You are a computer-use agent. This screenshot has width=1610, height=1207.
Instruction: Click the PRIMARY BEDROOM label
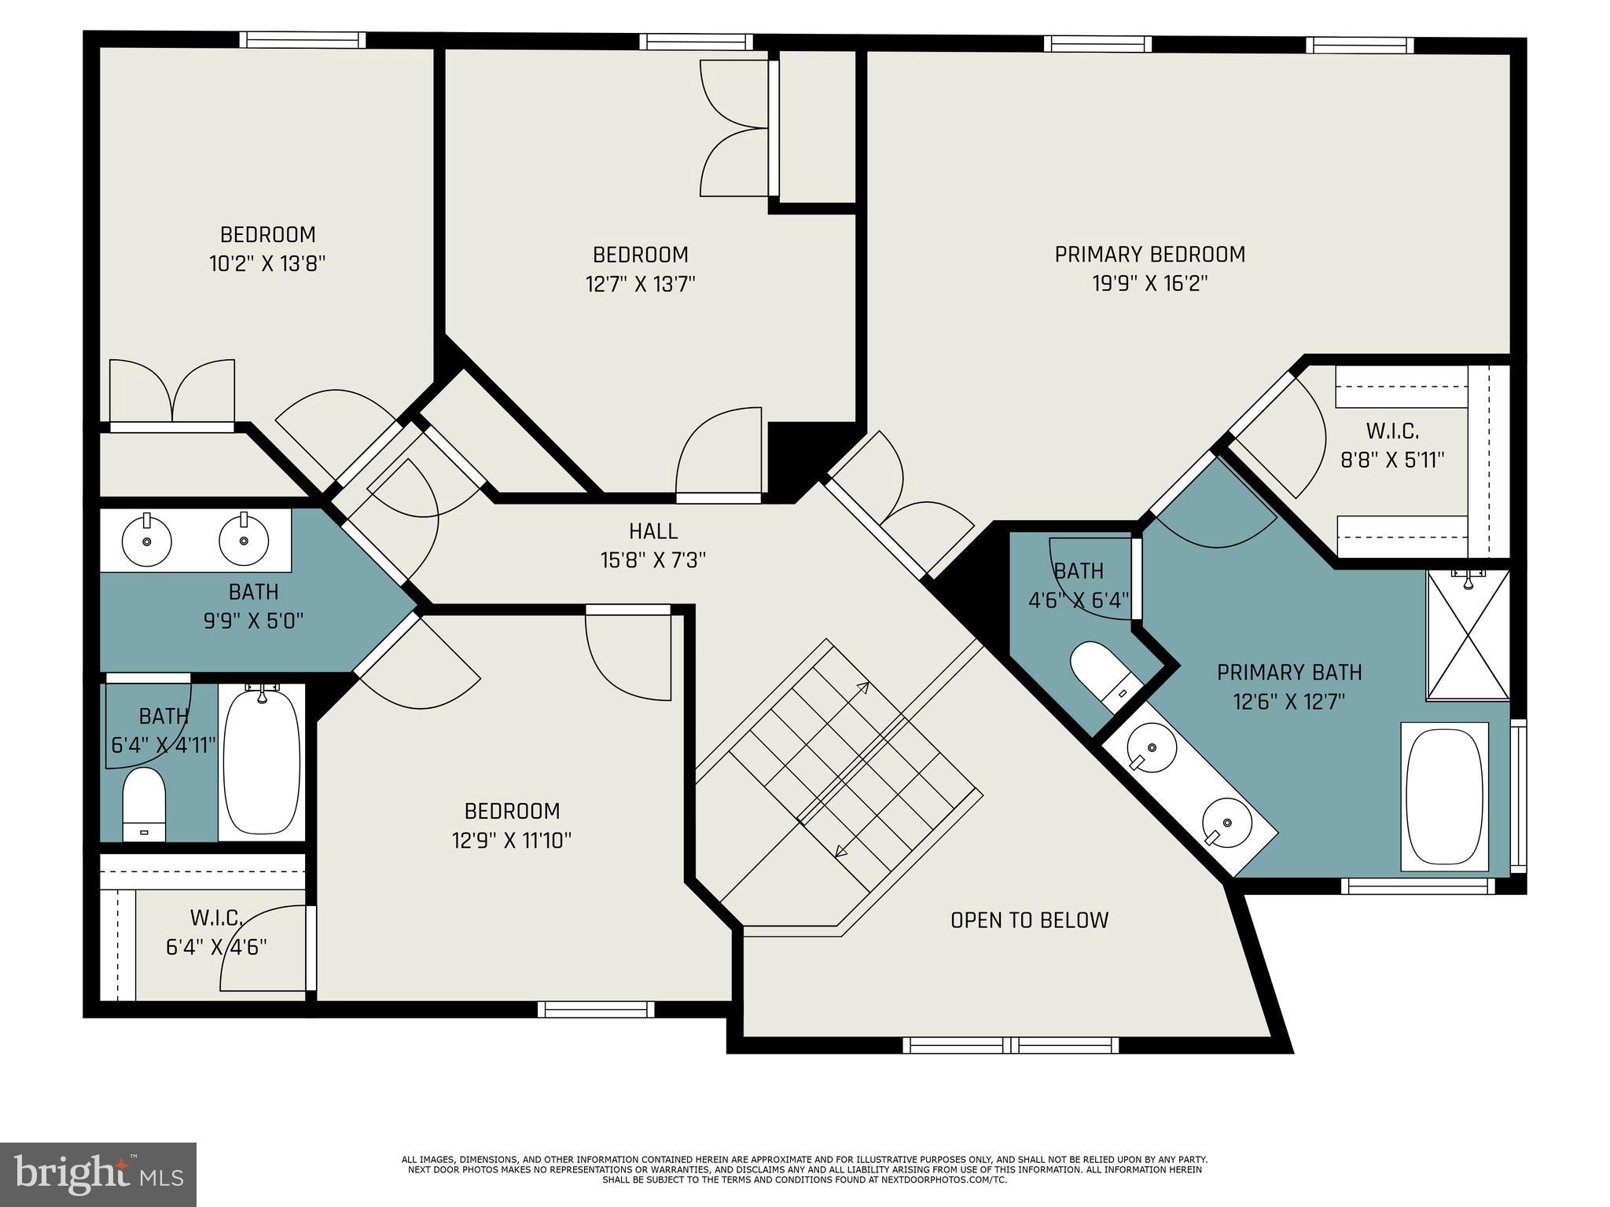coord(1149,255)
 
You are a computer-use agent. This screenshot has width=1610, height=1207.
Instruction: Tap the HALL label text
coord(653,531)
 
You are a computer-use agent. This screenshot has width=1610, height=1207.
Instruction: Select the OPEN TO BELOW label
coord(1029,920)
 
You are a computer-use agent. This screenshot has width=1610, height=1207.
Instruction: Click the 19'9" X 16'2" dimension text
coord(1149,283)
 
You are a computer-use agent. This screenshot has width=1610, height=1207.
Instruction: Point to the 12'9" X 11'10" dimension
coord(511,840)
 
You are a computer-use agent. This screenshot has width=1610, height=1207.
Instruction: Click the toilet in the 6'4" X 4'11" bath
coord(144,804)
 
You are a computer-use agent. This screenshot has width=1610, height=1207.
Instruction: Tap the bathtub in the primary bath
coord(1445,797)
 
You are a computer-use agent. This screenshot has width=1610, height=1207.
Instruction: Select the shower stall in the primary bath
coord(1468,634)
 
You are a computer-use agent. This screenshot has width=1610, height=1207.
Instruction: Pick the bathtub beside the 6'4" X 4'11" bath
coord(262,761)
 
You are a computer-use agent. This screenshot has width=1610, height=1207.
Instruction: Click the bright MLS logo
coord(98,1174)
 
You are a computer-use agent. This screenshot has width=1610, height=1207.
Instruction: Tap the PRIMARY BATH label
coord(1289,673)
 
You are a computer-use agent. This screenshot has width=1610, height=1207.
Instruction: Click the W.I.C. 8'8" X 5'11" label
coord(1392,446)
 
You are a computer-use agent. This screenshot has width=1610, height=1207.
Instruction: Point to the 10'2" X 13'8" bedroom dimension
coord(267,263)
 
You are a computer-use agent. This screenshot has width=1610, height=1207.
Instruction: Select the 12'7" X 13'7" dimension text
coord(641,284)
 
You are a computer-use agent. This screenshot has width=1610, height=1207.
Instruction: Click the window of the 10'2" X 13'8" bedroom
coord(303,39)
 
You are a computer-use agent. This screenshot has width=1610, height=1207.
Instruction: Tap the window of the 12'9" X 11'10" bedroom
coord(596,1009)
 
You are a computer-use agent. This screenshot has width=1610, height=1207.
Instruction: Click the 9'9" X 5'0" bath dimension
coord(253,621)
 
